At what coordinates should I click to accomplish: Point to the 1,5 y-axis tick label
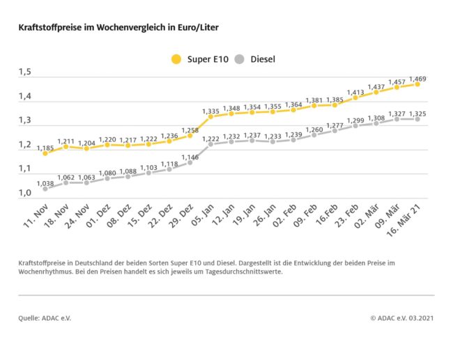pos(25,72)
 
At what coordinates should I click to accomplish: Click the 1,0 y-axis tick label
pos(25,193)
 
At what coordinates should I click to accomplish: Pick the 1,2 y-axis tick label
pos(25,145)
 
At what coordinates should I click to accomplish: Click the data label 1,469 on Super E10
pos(417,78)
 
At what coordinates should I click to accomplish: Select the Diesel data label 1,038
pos(45,182)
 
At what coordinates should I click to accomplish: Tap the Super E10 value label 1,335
pos(210,111)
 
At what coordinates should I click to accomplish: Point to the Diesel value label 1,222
pos(210,139)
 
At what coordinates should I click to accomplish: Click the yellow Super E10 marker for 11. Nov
pos(45,153)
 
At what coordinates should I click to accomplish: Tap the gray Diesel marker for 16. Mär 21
pos(417,119)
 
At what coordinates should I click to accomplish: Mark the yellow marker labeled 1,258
pos(190,135)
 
